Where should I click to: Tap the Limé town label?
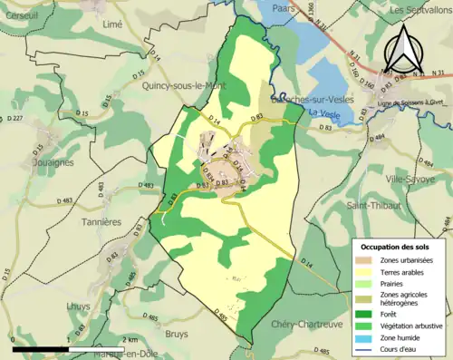coord(112,25)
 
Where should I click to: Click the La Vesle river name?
coord(321,112)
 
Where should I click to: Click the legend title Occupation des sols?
coord(396,247)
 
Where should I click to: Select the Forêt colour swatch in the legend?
coord(369,308)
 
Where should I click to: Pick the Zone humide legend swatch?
coord(369,336)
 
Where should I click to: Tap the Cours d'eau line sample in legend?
coord(369,347)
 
